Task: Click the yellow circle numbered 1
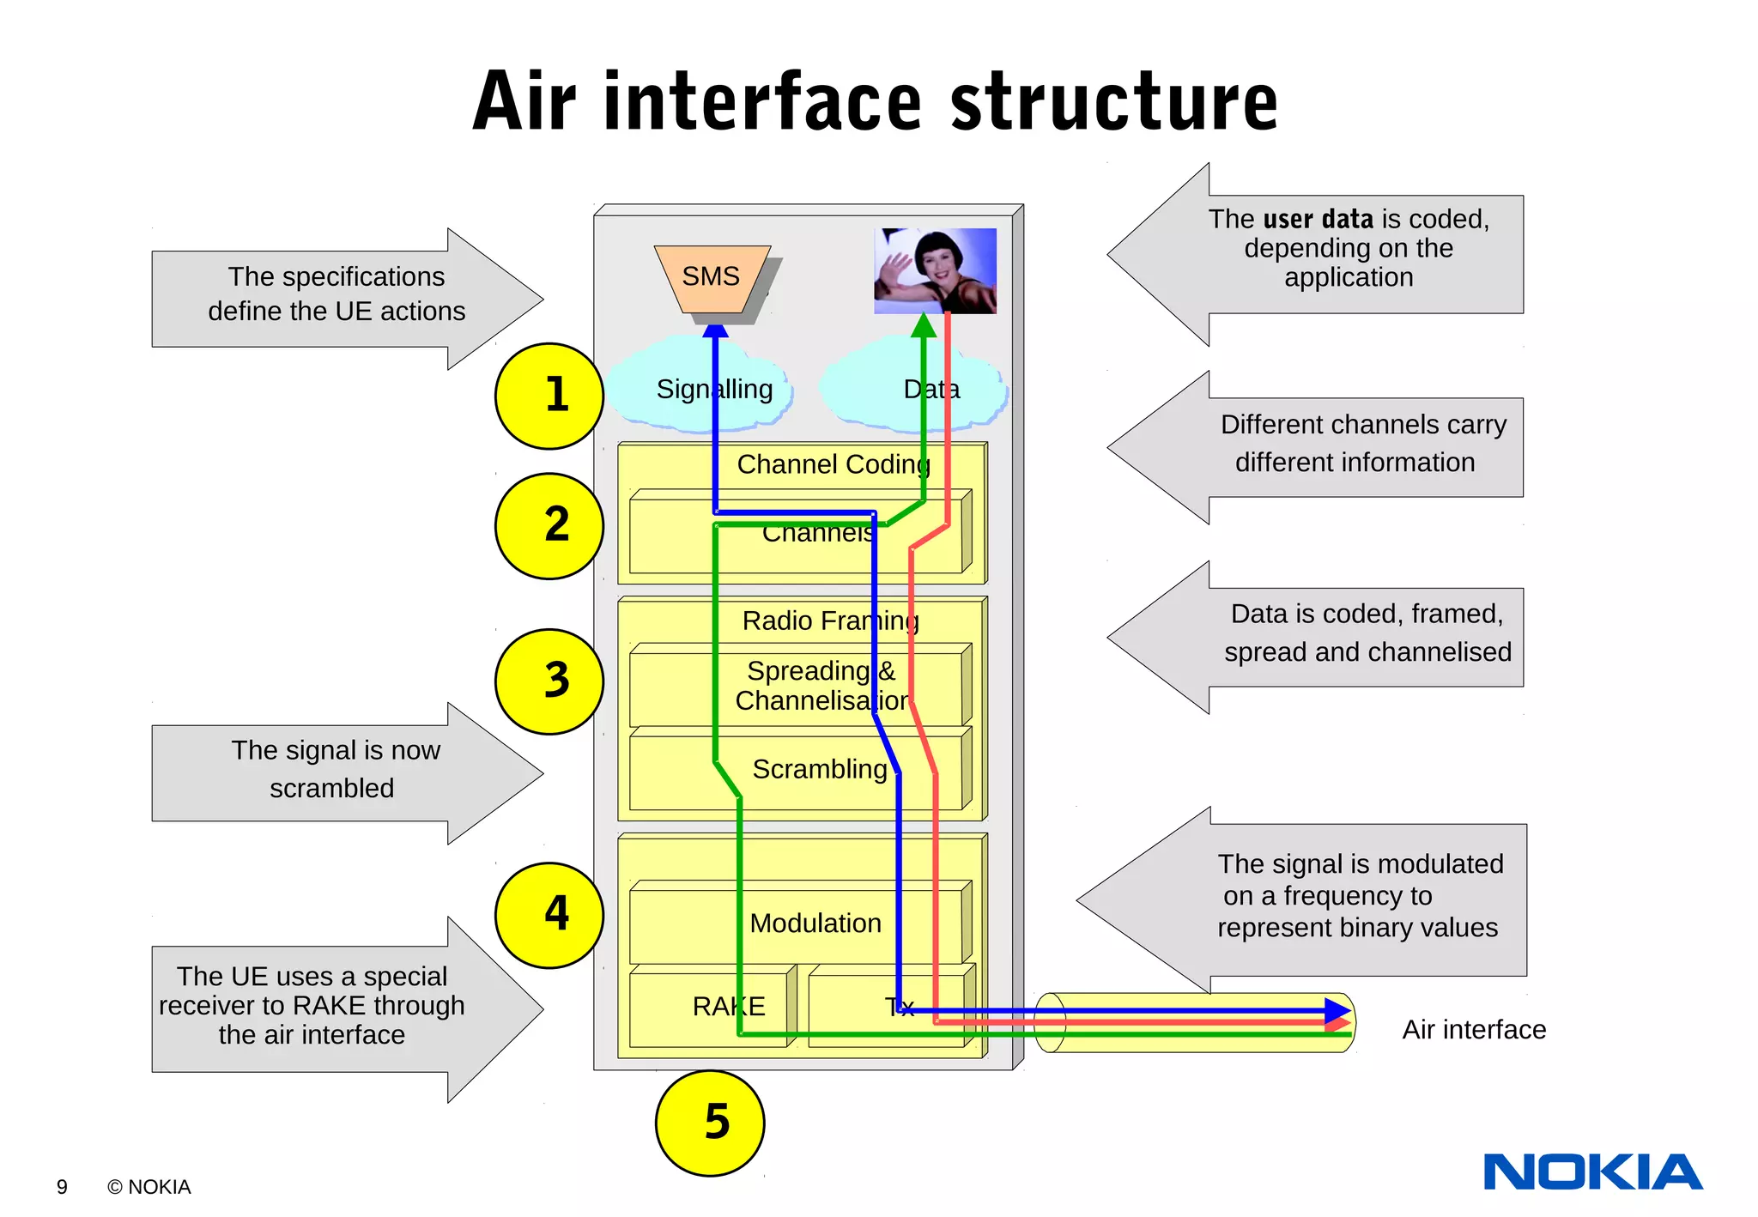549,396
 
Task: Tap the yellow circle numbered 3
549,681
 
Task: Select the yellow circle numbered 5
710,1123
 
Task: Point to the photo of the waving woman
935,270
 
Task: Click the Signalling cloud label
714,390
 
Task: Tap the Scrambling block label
819,769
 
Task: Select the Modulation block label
815,923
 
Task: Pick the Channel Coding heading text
833,464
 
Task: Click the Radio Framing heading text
830,621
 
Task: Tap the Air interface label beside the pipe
1473,1029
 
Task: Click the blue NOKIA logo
1592,1172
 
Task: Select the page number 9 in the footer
62,1187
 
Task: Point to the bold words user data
1318,219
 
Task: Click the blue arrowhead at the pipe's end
1337,1010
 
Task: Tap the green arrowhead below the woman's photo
923,325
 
